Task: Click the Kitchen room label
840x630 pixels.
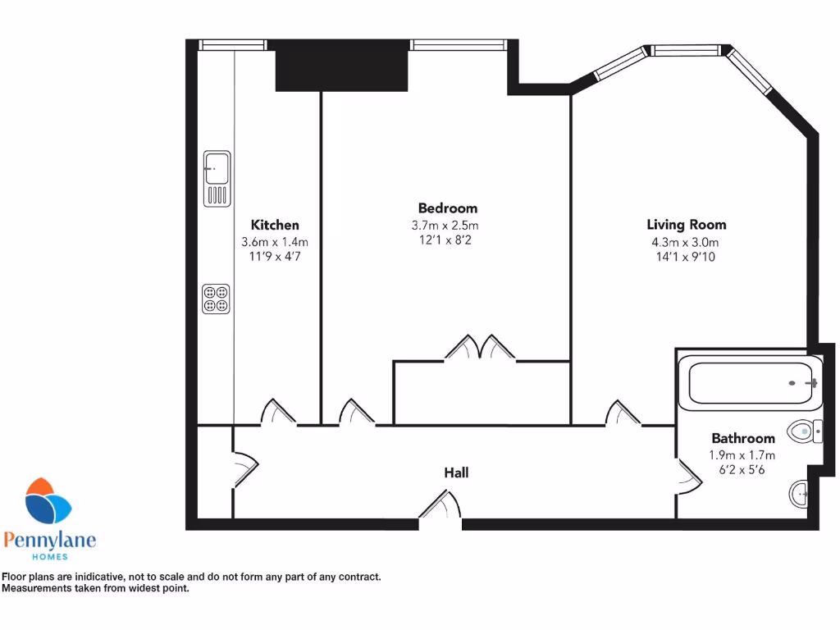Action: [x=275, y=225]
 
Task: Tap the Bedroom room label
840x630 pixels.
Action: [x=447, y=208]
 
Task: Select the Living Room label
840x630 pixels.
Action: [x=686, y=225]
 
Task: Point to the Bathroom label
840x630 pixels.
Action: [x=742, y=439]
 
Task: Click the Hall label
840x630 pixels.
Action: [x=456, y=472]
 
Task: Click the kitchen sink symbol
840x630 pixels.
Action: [x=217, y=178]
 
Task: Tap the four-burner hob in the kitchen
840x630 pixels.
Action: [x=217, y=298]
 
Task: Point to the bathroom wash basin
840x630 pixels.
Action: [x=800, y=494]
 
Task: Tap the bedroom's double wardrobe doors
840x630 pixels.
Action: [x=480, y=348]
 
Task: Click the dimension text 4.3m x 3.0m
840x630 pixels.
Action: [x=685, y=242]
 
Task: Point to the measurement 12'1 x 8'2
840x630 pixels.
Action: [x=444, y=240]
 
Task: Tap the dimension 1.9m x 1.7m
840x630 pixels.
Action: [x=742, y=455]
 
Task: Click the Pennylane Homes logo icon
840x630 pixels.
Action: [x=48, y=503]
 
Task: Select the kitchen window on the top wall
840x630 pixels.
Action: [x=234, y=45]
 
